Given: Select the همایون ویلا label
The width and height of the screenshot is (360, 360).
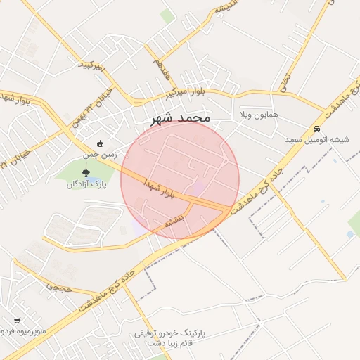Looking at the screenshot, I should point(259,114).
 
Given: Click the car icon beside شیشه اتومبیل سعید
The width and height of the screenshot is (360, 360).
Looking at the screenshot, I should point(317,129).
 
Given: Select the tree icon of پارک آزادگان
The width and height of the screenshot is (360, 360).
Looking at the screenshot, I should point(86,173).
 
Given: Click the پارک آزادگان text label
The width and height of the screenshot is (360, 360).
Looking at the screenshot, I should point(85,184).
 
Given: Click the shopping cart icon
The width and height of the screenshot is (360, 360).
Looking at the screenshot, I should point(16,321).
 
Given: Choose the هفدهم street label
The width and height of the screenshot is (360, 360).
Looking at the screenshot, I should point(160,69).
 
